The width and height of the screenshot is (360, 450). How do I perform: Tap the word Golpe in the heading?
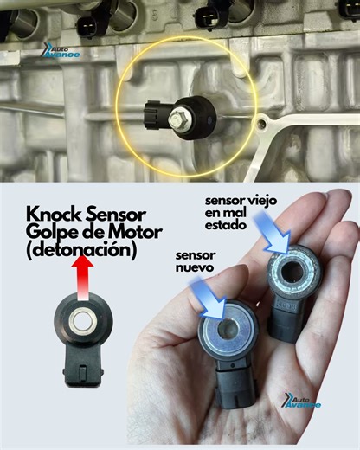click(54, 235)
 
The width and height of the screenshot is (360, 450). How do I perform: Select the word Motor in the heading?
click(130, 235)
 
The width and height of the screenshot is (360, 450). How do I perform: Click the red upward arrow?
click(83, 280)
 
